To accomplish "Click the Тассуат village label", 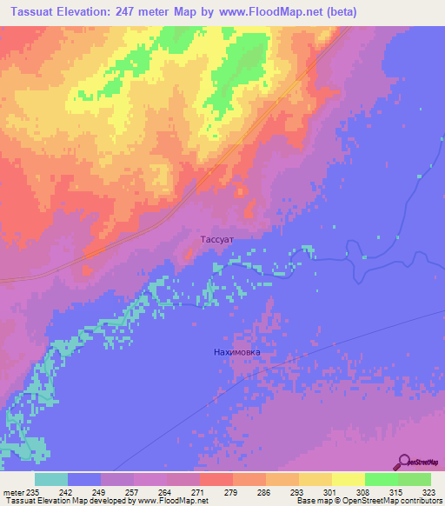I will pos(212,236).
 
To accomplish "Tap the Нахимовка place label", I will pos(236,352).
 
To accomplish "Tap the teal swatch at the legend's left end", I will pos(51,479).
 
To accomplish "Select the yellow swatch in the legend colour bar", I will pos(348,479).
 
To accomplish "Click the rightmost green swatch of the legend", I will pos(414,479).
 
